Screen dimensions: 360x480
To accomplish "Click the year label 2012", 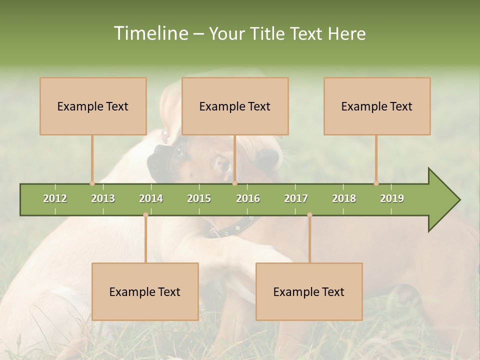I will click(x=55, y=198).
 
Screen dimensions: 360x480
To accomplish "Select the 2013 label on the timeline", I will click(x=103, y=198).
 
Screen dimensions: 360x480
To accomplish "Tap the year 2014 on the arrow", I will click(x=151, y=198).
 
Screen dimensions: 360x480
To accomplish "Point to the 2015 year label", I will click(x=199, y=198).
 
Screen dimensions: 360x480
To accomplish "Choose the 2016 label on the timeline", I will click(x=248, y=198).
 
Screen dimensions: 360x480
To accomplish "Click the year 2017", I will click(x=296, y=198).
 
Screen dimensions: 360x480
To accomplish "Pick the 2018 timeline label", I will click(x=344, y=198).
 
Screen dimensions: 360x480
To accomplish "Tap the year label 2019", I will click(x=392, y=198).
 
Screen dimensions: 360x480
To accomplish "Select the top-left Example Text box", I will click(x=93, y=106).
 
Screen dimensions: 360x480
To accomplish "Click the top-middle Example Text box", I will click(x=235, y=106).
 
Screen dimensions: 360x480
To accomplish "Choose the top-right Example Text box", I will click(x=377, y=106).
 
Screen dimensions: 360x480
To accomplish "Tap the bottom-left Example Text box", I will click(x=145, y=291).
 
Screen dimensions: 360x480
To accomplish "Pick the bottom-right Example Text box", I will click(x=309, y=291).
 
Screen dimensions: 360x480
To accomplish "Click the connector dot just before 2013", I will click(x=92, y=183).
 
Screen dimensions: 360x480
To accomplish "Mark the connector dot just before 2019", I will click(x=376, y=183).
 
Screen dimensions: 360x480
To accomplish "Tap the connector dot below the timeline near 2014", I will click(x=145, y=215).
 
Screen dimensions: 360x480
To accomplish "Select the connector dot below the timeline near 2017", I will click(x=309, y=215).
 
